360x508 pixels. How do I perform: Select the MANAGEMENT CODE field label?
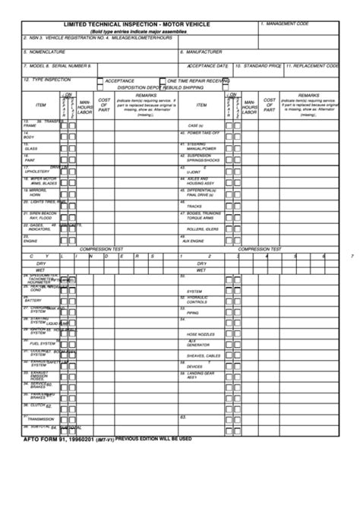285,24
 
